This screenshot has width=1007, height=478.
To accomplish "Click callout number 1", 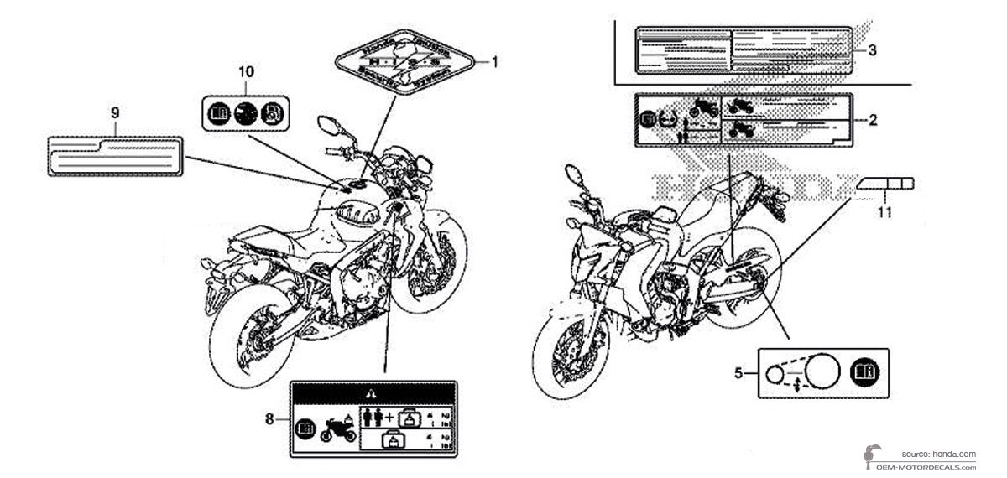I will tap(495, 61).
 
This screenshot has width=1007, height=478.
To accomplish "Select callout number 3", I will tap(872, 50).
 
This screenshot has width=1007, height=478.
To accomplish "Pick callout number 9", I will tap(115, 111).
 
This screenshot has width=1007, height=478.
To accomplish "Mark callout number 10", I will tap(246, 72).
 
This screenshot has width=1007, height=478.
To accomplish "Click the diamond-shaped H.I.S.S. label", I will tap(404, 61).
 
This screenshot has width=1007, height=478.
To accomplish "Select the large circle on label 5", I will tap(823, 370).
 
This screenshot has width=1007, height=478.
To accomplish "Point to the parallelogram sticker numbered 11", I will tap(885, 184).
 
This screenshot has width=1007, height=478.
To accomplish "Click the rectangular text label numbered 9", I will tap(115, 156).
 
